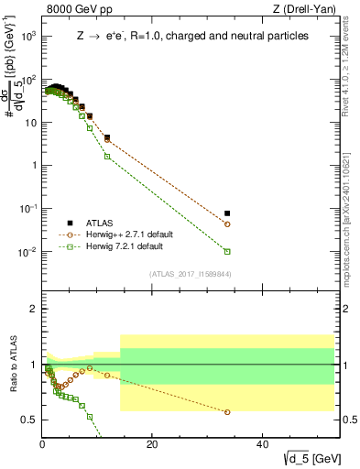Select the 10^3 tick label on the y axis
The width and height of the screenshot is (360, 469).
(27, 37)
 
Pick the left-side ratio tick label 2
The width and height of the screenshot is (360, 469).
(32, 309)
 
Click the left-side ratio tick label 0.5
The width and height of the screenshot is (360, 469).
(28, 420)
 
